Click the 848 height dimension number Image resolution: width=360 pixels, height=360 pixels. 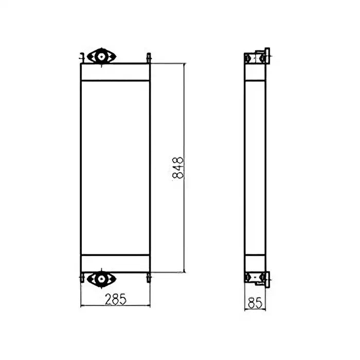click(178, 168)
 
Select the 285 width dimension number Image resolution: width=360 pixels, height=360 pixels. click(116, 299)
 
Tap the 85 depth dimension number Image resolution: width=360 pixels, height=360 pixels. click(255, 303)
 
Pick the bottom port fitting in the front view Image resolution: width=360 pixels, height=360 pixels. click(101, 279)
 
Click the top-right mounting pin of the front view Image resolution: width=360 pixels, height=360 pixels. click(149, 57)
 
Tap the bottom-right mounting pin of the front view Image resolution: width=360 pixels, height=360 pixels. click(149, 278)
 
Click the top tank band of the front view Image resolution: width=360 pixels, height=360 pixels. click(115, 72)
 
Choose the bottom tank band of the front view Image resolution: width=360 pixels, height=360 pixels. click(115, 264)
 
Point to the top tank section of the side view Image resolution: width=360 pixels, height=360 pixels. click(255, 73)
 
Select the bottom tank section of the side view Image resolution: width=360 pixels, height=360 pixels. click(255, 263)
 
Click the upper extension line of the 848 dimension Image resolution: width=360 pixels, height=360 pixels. click(167, 63)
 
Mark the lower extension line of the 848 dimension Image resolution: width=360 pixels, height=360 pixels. click(167, 273)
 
